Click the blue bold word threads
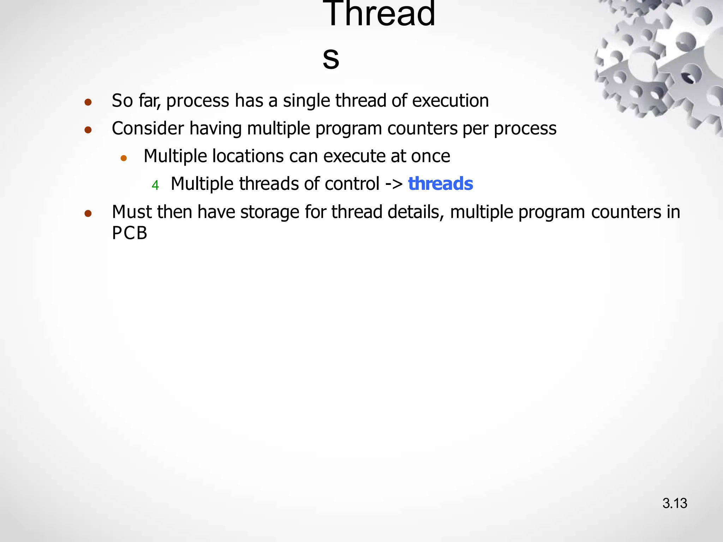[440, 184]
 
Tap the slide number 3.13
[675, 503]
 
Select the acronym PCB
[130, 233]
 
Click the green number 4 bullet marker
[155, 185]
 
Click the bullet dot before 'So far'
[88, 102]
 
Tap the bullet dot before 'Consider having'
[88, 130]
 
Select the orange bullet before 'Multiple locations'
[124, 158]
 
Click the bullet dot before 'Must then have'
[88, 213]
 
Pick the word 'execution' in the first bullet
[450, 101]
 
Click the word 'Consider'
[148, 128]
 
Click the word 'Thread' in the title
[379, 14]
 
